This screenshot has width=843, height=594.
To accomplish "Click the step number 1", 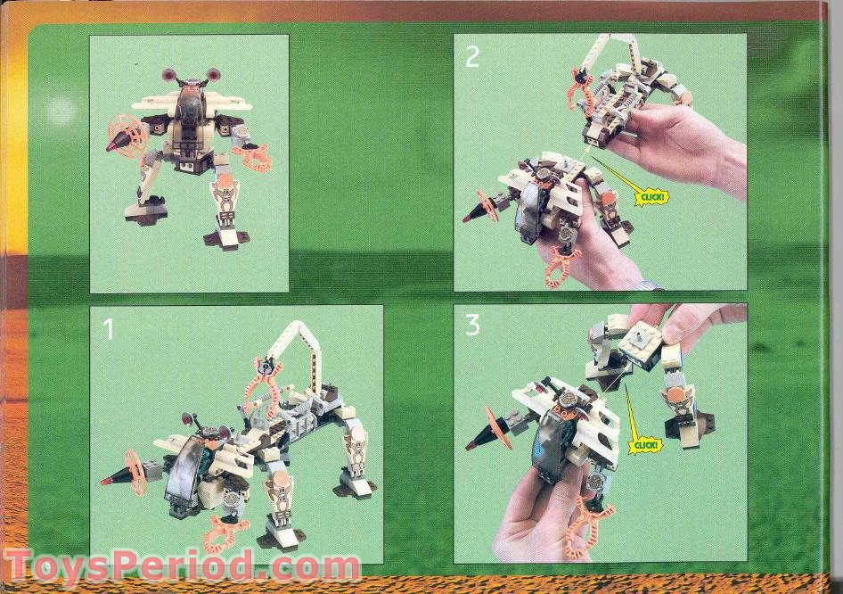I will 109,330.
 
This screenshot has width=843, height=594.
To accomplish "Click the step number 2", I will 472,57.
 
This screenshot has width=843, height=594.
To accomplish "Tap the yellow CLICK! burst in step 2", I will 651,196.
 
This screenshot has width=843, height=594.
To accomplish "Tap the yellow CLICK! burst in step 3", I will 645,443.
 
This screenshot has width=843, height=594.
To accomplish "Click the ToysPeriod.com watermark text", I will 183,567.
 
